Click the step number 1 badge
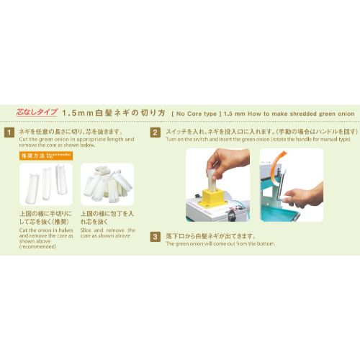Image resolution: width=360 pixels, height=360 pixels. (x=9, y=132)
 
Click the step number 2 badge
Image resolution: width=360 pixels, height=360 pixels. (x=154, y=132)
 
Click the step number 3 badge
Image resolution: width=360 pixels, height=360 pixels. (x=154, y=236)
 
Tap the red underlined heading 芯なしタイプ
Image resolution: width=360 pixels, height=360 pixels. (x=36, y=113)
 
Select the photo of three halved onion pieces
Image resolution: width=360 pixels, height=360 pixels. (x=45, y=184)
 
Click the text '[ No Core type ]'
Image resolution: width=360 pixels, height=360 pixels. (x=195, y=114)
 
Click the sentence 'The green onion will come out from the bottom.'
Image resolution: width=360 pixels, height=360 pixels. (x=220, y=244)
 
